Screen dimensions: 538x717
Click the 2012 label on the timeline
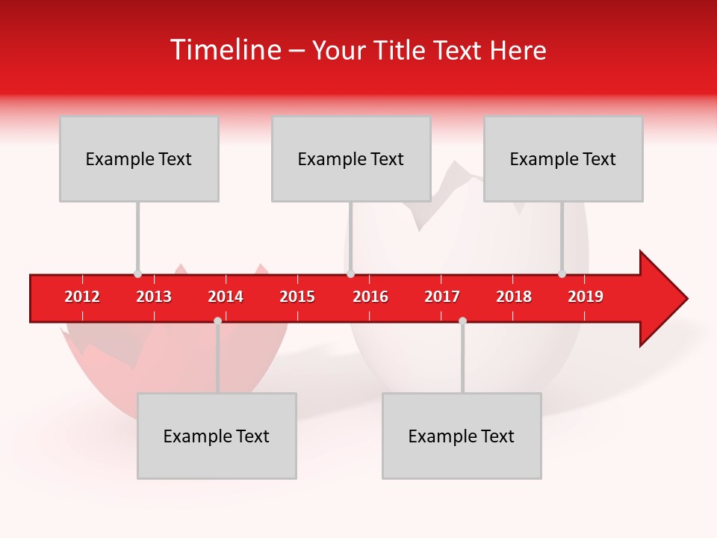(x=82, y=297)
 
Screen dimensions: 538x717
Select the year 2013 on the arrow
(x=154, y=297)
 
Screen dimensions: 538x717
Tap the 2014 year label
(x=226, y=297)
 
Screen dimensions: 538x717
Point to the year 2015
(x=297, y=297)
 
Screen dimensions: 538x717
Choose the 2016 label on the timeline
(x=370, y=297)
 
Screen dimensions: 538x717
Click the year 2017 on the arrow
(x=442, y=297)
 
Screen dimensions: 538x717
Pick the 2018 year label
(x=514, y=297)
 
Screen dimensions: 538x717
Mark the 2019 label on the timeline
(x=586, y=297)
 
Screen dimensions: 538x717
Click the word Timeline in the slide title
(x=224, y=50)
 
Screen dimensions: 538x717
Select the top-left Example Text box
(x=139, y=158)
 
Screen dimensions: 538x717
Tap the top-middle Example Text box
(x=351, y=158)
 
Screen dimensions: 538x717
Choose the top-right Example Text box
(x=563, y=158)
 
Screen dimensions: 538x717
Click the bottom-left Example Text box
(x=217, y=436)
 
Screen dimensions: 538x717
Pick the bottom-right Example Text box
(x=462, y=436)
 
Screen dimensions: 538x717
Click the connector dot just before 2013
(x=137, y=274)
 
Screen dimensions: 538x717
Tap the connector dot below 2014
(x=217, y=321)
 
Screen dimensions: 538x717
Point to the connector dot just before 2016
(x=350, y=274)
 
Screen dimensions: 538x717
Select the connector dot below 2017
(x=462, y=321)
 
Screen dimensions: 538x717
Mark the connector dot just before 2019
(x=562, y=274)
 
